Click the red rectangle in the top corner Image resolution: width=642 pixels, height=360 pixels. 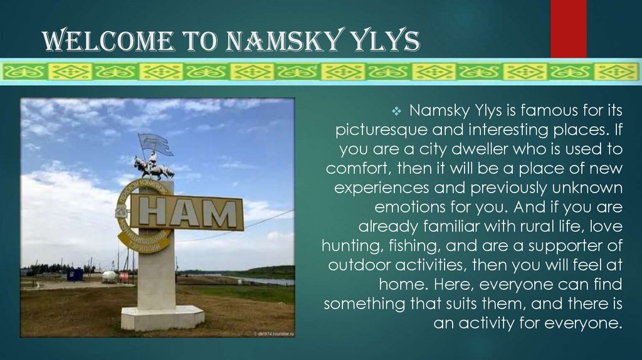coord(568,28)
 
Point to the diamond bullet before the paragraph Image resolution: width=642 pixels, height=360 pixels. coord(396,112)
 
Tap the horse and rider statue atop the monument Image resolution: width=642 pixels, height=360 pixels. coord(153,167)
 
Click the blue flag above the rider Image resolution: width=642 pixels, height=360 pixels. coord(155,144)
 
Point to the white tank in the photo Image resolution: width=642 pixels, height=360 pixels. coord(109,276)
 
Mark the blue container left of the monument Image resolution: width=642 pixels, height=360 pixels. coord(75,275)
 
